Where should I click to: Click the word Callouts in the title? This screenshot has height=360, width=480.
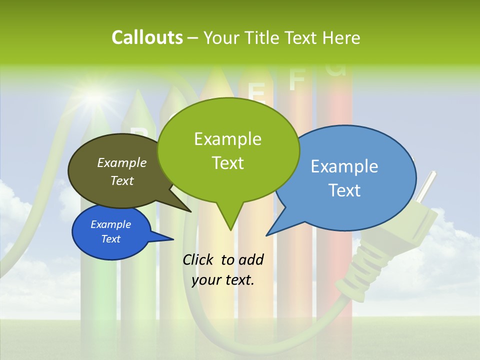(x=147, y=37)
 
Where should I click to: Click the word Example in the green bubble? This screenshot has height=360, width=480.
(x=227, y=139)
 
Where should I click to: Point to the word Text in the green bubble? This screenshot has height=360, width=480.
(x=227, y=163)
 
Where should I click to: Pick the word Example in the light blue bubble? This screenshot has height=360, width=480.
(x=344, y=166)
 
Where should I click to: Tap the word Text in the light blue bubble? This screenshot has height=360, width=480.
(x=344, y=190)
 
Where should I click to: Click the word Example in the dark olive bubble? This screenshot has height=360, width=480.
(x=122, y=162)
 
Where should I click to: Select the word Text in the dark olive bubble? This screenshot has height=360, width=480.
(x=122, y=180)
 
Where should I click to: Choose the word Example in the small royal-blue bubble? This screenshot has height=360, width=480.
(x=110, y=224)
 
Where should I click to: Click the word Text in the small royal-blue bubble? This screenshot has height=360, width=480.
(x=110, y=239)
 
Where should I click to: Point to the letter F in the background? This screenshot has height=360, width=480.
(x=296, y=79)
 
